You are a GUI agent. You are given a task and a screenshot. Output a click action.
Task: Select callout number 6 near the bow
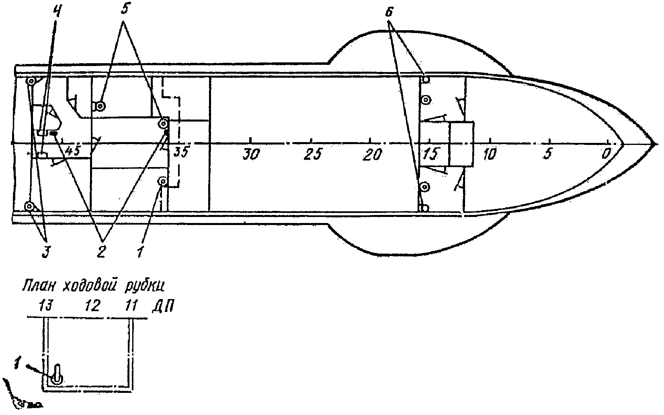[x=389, y=12]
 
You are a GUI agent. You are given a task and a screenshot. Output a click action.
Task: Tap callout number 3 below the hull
[x=45, y=251]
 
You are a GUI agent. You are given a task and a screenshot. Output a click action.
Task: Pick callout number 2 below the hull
[x=101, y=251]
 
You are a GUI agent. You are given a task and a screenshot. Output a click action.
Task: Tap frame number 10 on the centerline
[x=490, y=154]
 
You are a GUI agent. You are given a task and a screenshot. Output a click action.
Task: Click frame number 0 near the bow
[x=607, y=154]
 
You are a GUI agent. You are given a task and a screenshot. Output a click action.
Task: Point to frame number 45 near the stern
[x=72, y=151]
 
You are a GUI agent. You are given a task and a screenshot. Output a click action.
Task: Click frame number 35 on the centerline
[x=181, y=152]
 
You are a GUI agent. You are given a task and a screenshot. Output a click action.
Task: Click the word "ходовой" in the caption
[x=90, y=286]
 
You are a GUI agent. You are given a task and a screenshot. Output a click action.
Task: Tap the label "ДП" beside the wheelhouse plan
[x=163, y=307]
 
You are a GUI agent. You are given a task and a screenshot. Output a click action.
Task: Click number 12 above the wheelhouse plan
[x=92, y=306]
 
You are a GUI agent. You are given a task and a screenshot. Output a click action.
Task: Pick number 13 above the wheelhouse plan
[x=46, y=306]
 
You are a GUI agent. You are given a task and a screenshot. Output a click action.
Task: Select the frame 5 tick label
[x=548, y=154]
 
